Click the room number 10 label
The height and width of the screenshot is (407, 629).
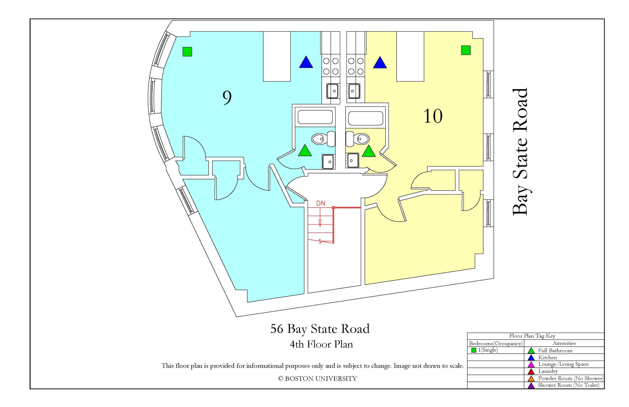(x=433, y=116)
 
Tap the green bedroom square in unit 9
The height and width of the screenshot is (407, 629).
(x=187, y=52)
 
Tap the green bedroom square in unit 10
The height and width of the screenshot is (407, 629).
(x=466, y=50)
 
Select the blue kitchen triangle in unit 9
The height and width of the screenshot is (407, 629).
(x=306, y=62)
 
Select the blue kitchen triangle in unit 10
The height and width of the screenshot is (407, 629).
(x=380, y=63)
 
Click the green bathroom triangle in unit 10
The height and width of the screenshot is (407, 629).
(x=369, y=151)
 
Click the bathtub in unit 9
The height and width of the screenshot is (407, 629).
(x=315, y=117)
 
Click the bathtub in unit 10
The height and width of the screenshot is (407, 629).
(x=366, y=118)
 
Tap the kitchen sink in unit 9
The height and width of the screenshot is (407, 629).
(x=333, y=91)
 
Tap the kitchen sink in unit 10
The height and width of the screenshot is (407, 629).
(x=354, y=91)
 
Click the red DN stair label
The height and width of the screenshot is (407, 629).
(x=321, y=203)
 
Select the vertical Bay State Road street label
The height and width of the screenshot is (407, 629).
(x=520, y=152)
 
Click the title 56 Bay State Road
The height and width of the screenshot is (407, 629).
(x=320, y=329)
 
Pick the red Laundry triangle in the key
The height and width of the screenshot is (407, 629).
(x=531, y=372)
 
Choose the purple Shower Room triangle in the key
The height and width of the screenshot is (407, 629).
(x=531, y=386)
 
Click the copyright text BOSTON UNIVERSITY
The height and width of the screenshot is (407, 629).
(x=321, y=379)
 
